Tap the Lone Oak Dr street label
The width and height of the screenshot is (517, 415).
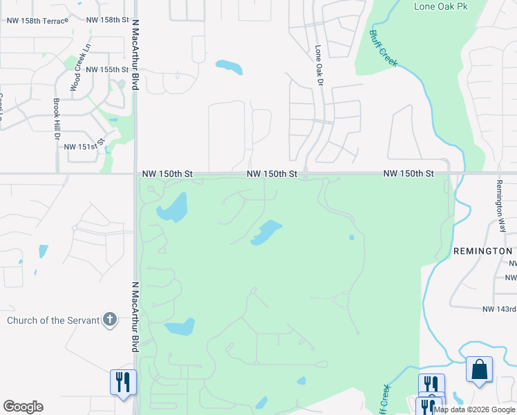pyautogui.click(x=319, y=66)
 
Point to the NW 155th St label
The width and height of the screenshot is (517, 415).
pyautogui.click(x=107, y=70)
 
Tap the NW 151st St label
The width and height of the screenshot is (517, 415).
pyautogui.click(x=84, y=147)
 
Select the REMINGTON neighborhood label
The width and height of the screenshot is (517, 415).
pyautogui.click(x=483, y=251)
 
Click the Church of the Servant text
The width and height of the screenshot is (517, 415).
pyautogui.click(x=53, y=320)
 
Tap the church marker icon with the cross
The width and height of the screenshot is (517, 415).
pyautogui.click(x=109, y=320)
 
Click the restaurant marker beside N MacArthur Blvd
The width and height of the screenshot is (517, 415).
pyautogui.click(x=123, y=382)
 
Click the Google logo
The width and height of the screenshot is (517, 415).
pyautogui.click(x=23, y=406)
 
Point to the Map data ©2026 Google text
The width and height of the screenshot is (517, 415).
pyautogui.click(x=474, y=409)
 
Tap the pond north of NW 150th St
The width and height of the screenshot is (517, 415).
pyautogui.click(x=229, y=67)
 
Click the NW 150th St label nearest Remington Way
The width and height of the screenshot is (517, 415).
pyautogui.click(x=408, y=173)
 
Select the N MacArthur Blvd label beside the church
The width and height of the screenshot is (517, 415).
pyautogui.click(x=134, y=315)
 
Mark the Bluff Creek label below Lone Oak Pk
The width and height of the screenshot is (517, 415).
pyautogui.click(x=383, y=48)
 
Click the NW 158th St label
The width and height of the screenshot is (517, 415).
pyautogui.click(x=109, y=20)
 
